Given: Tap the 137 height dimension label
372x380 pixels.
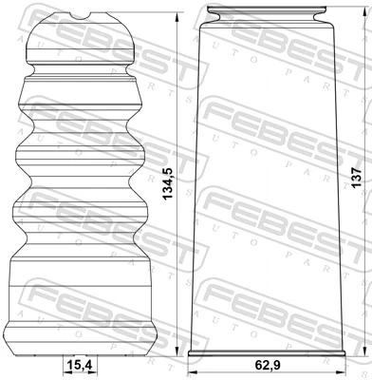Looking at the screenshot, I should click(x=358, y=181).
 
